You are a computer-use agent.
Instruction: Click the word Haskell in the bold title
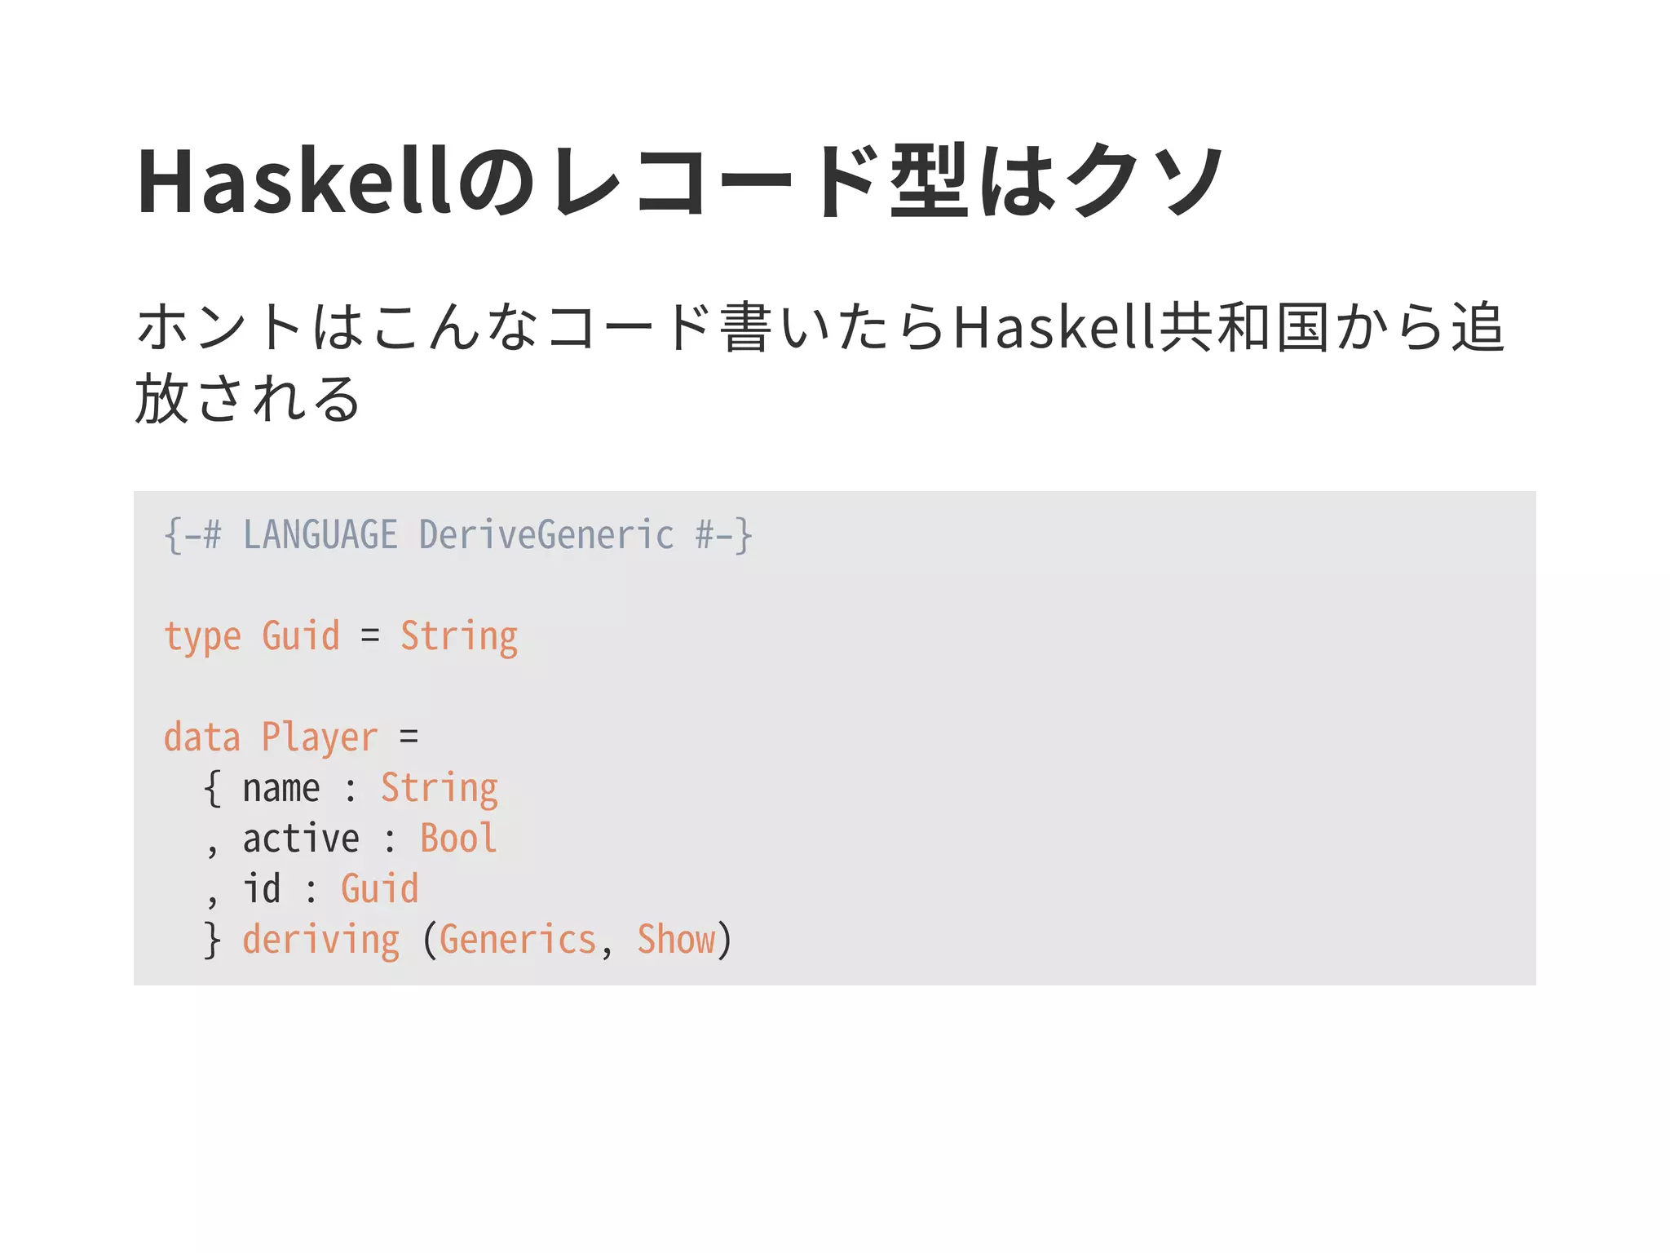coord(294,181)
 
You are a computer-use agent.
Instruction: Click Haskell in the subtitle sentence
coord(1055,327)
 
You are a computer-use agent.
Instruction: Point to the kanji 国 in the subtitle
coord(1302,327)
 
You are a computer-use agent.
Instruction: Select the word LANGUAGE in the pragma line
coord(320,536)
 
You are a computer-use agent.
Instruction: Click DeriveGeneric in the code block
coord(546,536)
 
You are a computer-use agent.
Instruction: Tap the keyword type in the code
coord(202,637)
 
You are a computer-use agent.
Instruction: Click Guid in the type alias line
coord(300,635)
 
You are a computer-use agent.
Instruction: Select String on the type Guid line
coord(459,637)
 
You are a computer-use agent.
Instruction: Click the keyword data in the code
coord(202,737)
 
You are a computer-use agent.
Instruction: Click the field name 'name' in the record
coord(281,789)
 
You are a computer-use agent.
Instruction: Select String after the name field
coord(440,789)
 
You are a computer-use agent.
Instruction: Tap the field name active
coord(301,839)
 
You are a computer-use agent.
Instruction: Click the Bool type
coord(458,839)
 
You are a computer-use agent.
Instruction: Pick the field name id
coord(262,888)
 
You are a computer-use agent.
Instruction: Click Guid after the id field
coord(379,888)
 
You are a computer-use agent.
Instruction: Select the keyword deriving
coord(320,941)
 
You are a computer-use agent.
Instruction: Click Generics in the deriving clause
coord(518,940)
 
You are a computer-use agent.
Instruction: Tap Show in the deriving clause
coord(676,940)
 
